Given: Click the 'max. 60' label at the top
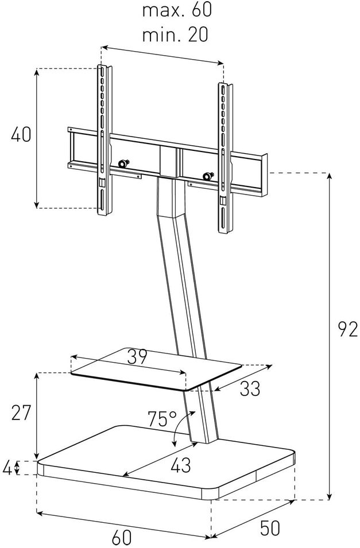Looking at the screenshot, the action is click(x=177, y=9).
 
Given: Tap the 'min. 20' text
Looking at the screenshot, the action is click(x=175, y=34).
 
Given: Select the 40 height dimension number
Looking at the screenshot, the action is click(x=21, y=134).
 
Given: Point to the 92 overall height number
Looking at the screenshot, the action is click(x=348, y=329).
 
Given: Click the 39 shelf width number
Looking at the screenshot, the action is click(x=137, y=357).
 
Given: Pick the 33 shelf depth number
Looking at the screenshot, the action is click(x=250, y=388).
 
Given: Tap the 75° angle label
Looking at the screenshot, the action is click(x=162, y=419).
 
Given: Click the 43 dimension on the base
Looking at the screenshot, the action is click(x=181, y=465).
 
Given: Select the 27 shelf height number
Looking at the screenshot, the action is click(x=21, y=413).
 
